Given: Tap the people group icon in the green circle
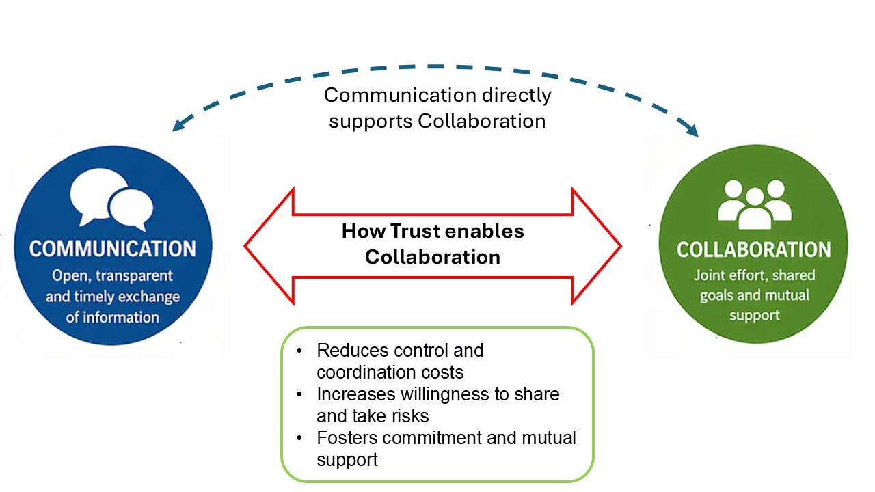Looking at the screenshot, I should click(x=753, y=204).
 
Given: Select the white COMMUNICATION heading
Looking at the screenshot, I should click(x=113, y=248).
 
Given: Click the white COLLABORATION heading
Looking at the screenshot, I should click(x=753, y=249).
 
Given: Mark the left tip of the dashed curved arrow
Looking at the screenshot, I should click(x=174, y=129).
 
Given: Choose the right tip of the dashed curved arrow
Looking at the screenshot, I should click(x=697, y=135).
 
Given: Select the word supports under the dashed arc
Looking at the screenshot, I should click(x=371, y=122).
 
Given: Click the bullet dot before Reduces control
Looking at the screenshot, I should click(x=299, y=351).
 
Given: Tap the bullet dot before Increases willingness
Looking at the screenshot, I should click(x=299, y=395).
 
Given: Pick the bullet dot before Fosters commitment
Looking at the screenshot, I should click(x=299, y=438).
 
